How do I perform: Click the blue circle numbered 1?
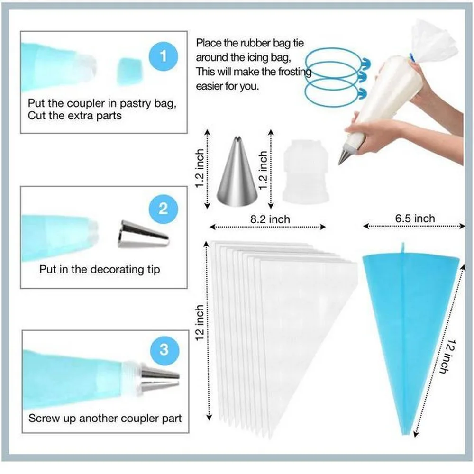click(163, 56)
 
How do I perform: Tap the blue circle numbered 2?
click(163, 209)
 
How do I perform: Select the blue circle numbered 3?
click(164, 349)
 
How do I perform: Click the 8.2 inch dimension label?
click(270, 219)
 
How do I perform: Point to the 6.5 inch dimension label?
click(415, 218)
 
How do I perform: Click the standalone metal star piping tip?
click(237, 172)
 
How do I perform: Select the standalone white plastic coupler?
click(305, 171)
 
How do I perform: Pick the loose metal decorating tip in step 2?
click(143, 235)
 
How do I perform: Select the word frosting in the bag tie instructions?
click(294, 72)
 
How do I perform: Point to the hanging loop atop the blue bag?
click(402, 248)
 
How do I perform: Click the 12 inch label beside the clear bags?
click(200, 323)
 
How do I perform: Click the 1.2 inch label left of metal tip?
click(200, 168)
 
